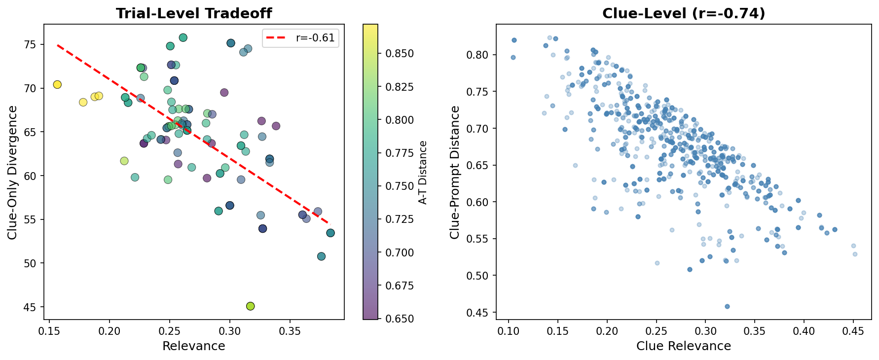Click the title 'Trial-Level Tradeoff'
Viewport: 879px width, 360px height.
click(194, 13)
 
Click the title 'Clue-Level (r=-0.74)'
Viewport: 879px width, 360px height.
click(684, 13)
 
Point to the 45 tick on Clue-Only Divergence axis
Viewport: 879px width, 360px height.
click(31, 307)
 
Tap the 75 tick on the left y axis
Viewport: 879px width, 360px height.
click(31, 45)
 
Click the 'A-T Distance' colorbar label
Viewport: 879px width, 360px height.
click(422, 173)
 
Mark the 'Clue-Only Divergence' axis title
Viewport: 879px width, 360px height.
click(13, 173)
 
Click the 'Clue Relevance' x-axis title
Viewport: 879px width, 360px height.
click(684, 346)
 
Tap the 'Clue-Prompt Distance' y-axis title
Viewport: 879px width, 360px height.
click(455, 173)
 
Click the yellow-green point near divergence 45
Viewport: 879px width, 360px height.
click(250, 306)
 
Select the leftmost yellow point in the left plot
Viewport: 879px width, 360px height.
click(57, 85)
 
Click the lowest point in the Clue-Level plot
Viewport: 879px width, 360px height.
click(727, 307)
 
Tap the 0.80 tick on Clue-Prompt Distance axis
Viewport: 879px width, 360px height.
click(478, 55)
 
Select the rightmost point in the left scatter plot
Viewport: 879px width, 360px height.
click(330, 233)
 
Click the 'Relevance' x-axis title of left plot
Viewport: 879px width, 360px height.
click(194, 346)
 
